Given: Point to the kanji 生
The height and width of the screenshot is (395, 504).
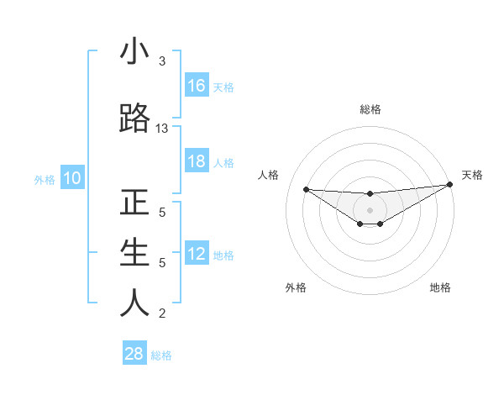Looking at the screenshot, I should [134, 252].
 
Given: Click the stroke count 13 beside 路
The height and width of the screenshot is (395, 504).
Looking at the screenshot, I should [162, 129].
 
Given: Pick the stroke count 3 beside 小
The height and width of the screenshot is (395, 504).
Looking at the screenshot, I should [162, 61].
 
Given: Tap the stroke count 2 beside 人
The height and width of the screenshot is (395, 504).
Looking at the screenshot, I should [162, 313].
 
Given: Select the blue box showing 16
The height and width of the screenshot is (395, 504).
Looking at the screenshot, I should [197, 86].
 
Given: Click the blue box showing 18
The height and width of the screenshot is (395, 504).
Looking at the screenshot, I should [197, 161].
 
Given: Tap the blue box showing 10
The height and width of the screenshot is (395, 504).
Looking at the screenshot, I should [72, 178].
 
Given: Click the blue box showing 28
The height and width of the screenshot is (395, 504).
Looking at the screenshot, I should [134, 354].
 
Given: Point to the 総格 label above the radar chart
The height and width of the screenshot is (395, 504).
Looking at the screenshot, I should [370, 109].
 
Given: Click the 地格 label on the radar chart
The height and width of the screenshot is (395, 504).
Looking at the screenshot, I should [440, 287].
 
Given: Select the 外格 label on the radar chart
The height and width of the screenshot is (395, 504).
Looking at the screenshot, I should [296, 287].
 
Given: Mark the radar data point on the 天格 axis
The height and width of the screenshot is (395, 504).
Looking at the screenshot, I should [449, 185].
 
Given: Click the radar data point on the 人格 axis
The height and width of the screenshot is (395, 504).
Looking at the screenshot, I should [306, 189].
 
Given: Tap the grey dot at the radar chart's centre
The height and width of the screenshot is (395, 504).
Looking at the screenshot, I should [370, 209].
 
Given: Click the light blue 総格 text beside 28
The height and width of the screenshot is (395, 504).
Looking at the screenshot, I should [161, 355].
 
